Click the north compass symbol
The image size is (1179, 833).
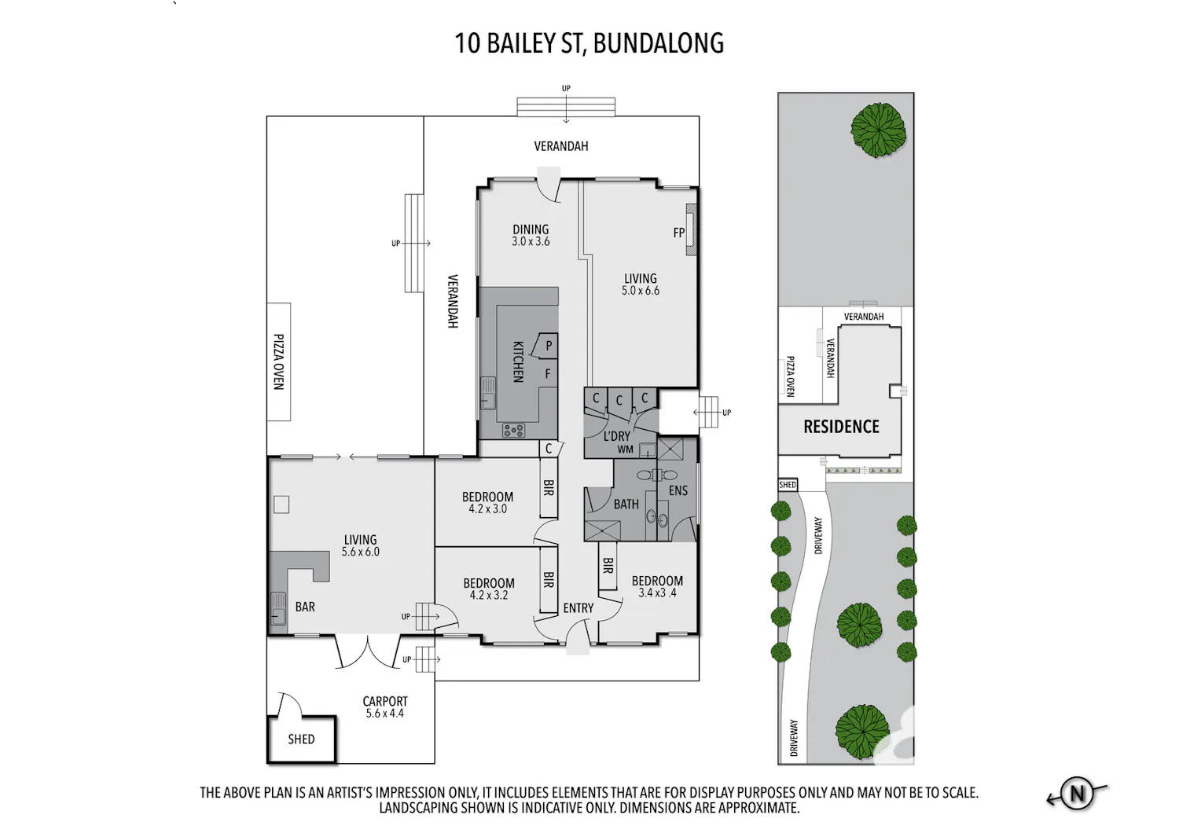click(x=1077, y=793)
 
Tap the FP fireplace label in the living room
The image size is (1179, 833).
click(x=679, y=233)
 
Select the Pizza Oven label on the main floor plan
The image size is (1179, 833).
click(x=279, y=361)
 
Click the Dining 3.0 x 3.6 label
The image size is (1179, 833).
click(x=531, y=235)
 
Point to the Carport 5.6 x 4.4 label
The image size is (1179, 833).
click(x=385, y=707)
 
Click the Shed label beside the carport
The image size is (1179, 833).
click(x=301, y=739)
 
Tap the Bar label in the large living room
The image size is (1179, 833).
click(x=305, y=607)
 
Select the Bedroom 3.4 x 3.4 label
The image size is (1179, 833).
click(x=657, y=587)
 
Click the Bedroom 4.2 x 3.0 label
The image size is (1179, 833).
click(x=488, y=502)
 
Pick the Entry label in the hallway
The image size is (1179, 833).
click(x=578, y=608)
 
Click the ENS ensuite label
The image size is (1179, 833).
click(x=678, y=490)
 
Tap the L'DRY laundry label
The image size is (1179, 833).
click(x=617, y=435)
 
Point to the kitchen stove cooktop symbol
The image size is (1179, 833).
click(x=514, y=430)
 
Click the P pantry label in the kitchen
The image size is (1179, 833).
click(x=549, y=346)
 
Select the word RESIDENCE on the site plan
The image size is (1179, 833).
click(x=841, y=426)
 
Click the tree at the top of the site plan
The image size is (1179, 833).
click(x=878, y=130)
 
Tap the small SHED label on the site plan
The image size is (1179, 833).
click(x=788, y=485)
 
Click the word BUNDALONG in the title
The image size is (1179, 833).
click(x=659, y=43)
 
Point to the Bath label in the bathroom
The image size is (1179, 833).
click(x=626, y=504)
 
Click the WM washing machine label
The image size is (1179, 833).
click(x=626, y=450)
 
